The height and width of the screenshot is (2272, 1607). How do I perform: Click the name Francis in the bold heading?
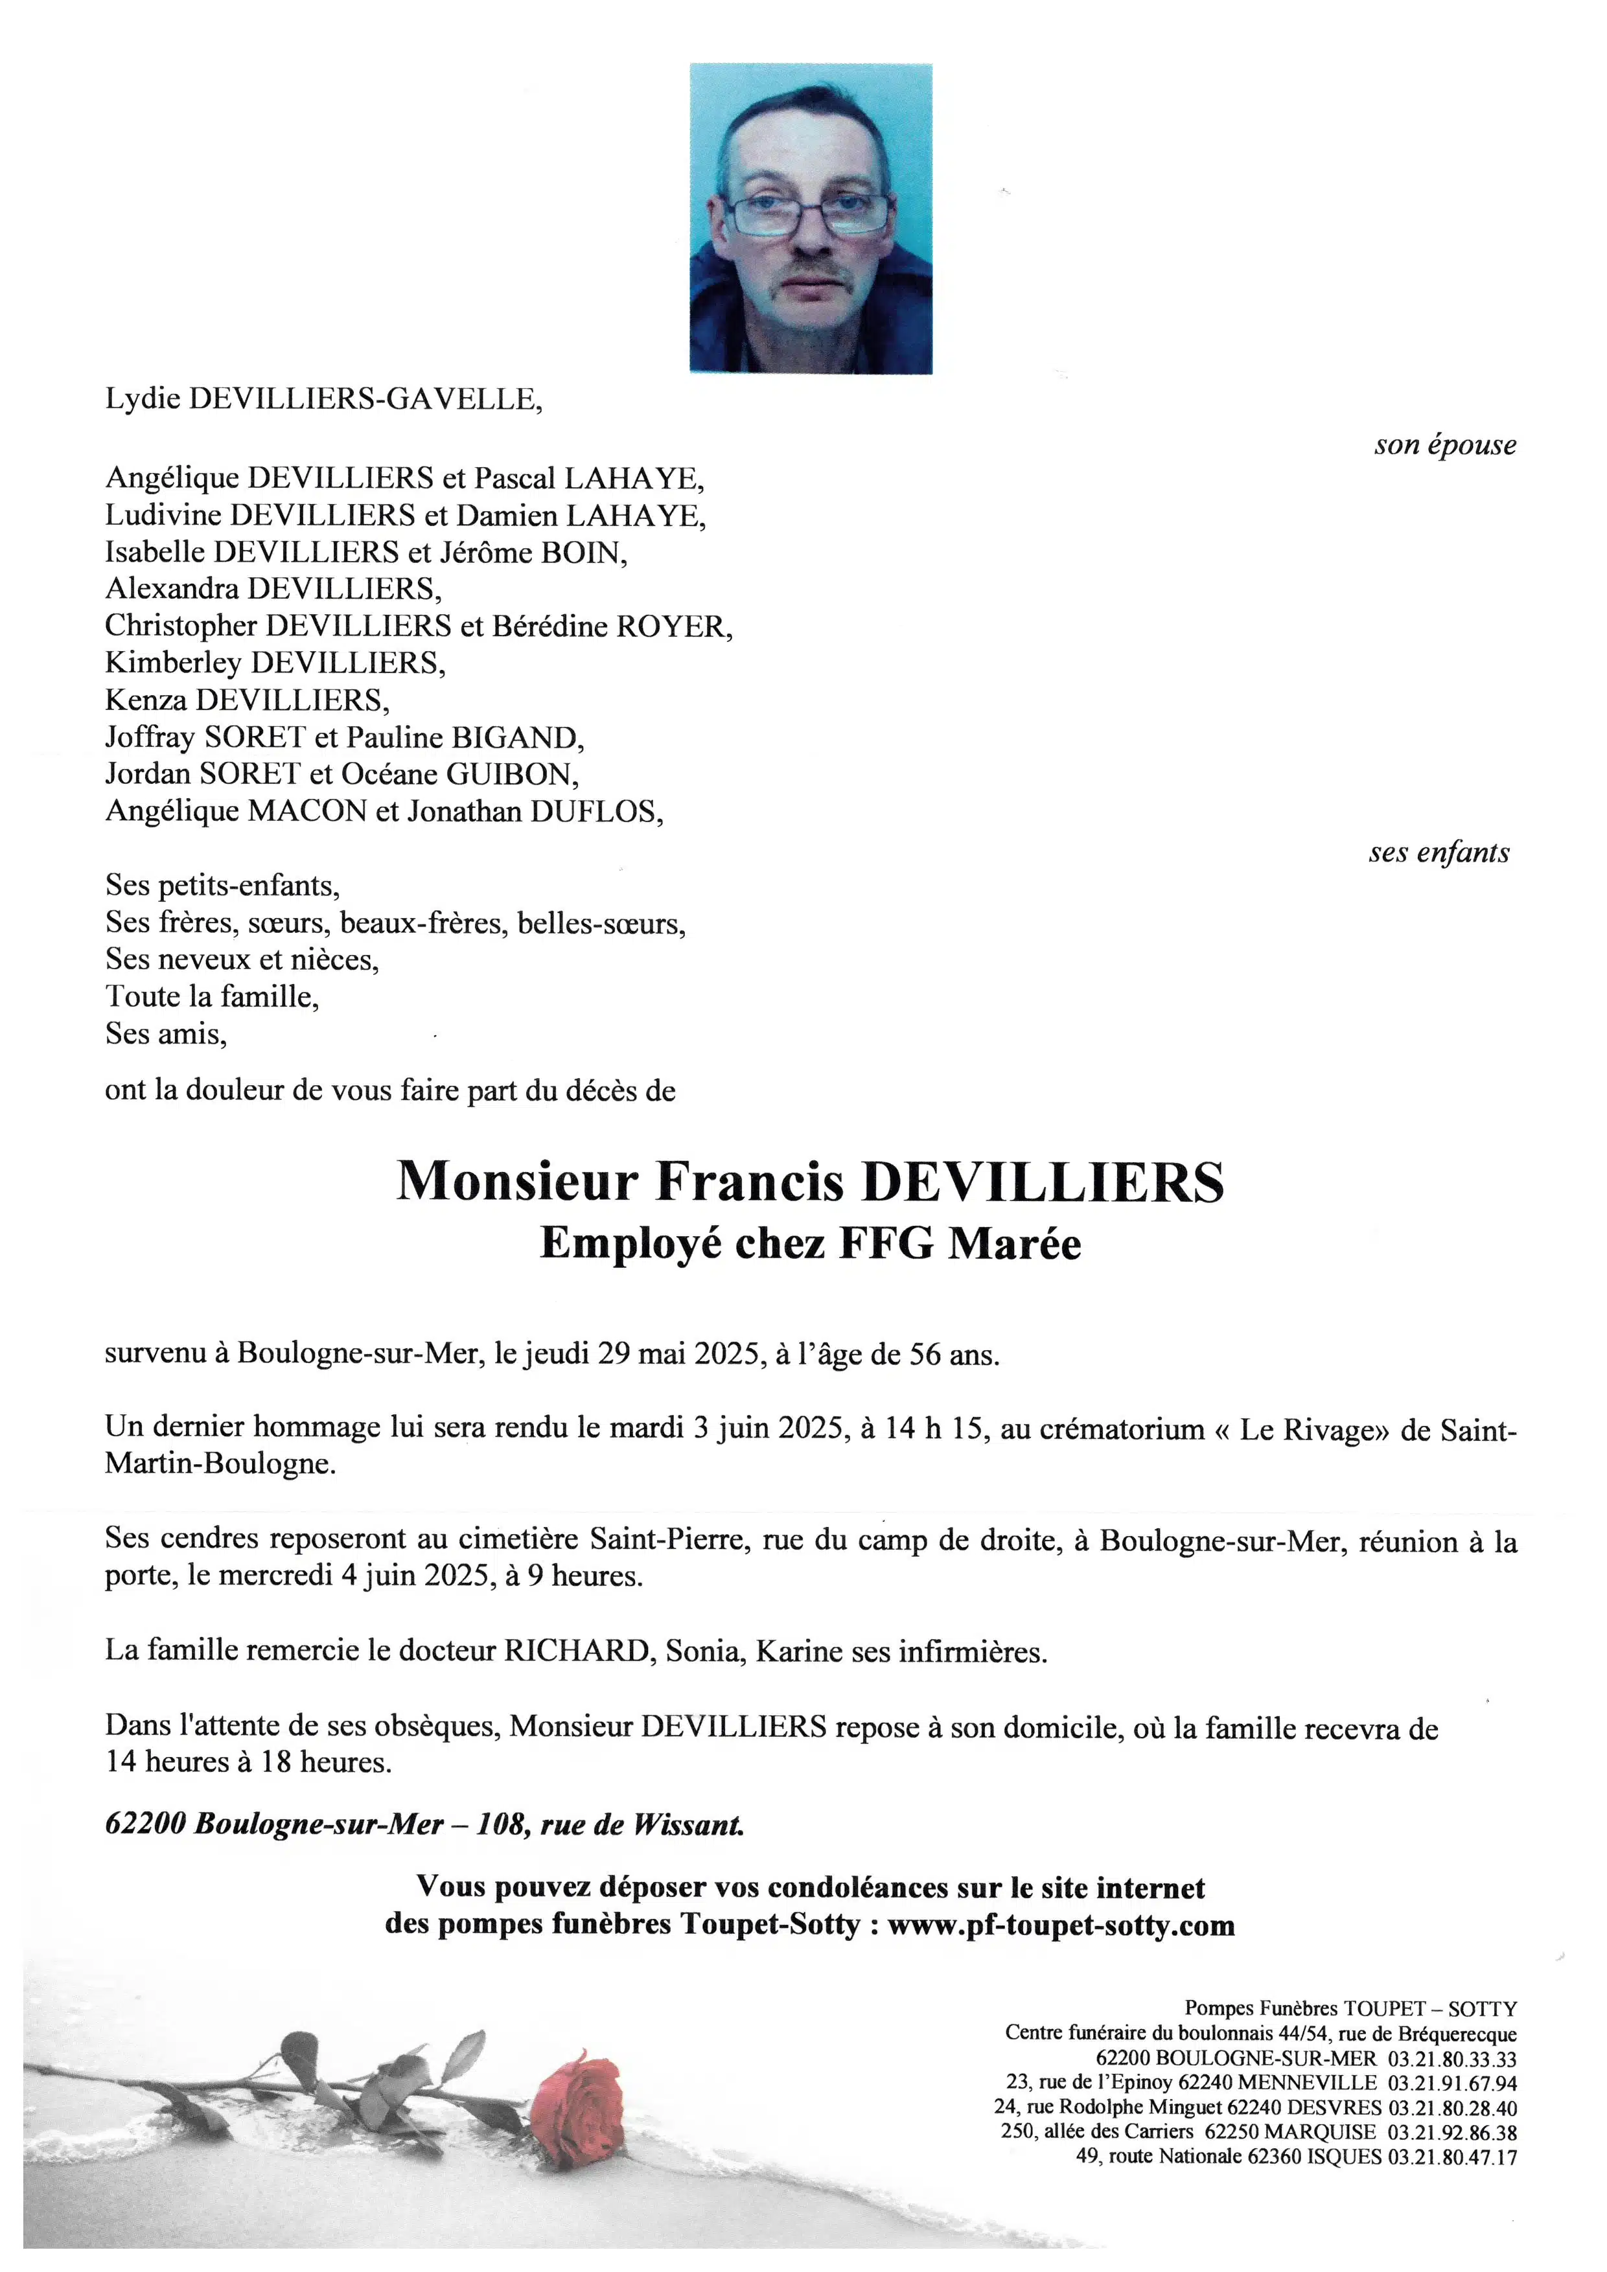tap(748, 1182)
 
